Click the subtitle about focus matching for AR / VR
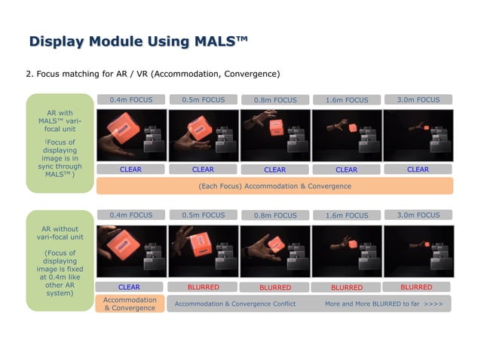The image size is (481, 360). [x=153, y=75]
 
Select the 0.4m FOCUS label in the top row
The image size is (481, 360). [x=130, y=99]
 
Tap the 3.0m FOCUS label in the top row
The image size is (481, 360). [x=418, y=99]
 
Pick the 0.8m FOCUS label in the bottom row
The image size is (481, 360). [x=274, y=215]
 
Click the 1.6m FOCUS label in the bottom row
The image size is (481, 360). [x=346, y=215]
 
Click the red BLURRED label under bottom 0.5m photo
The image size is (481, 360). [x=203, y=287]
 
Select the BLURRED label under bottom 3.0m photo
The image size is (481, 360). [x=416, y=287]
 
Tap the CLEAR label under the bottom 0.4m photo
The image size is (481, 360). [x=129, y=287]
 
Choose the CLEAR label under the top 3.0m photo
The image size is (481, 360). [x=418, y=169]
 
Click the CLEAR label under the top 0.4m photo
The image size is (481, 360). [x=130, y=169]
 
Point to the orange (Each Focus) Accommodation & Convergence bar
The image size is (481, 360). [x=274, y=186]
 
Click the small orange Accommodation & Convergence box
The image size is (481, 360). [x=129, y=304]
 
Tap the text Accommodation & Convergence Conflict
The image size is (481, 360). [x=234, y=304]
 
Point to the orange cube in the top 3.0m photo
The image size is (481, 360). [x=406, y=128]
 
